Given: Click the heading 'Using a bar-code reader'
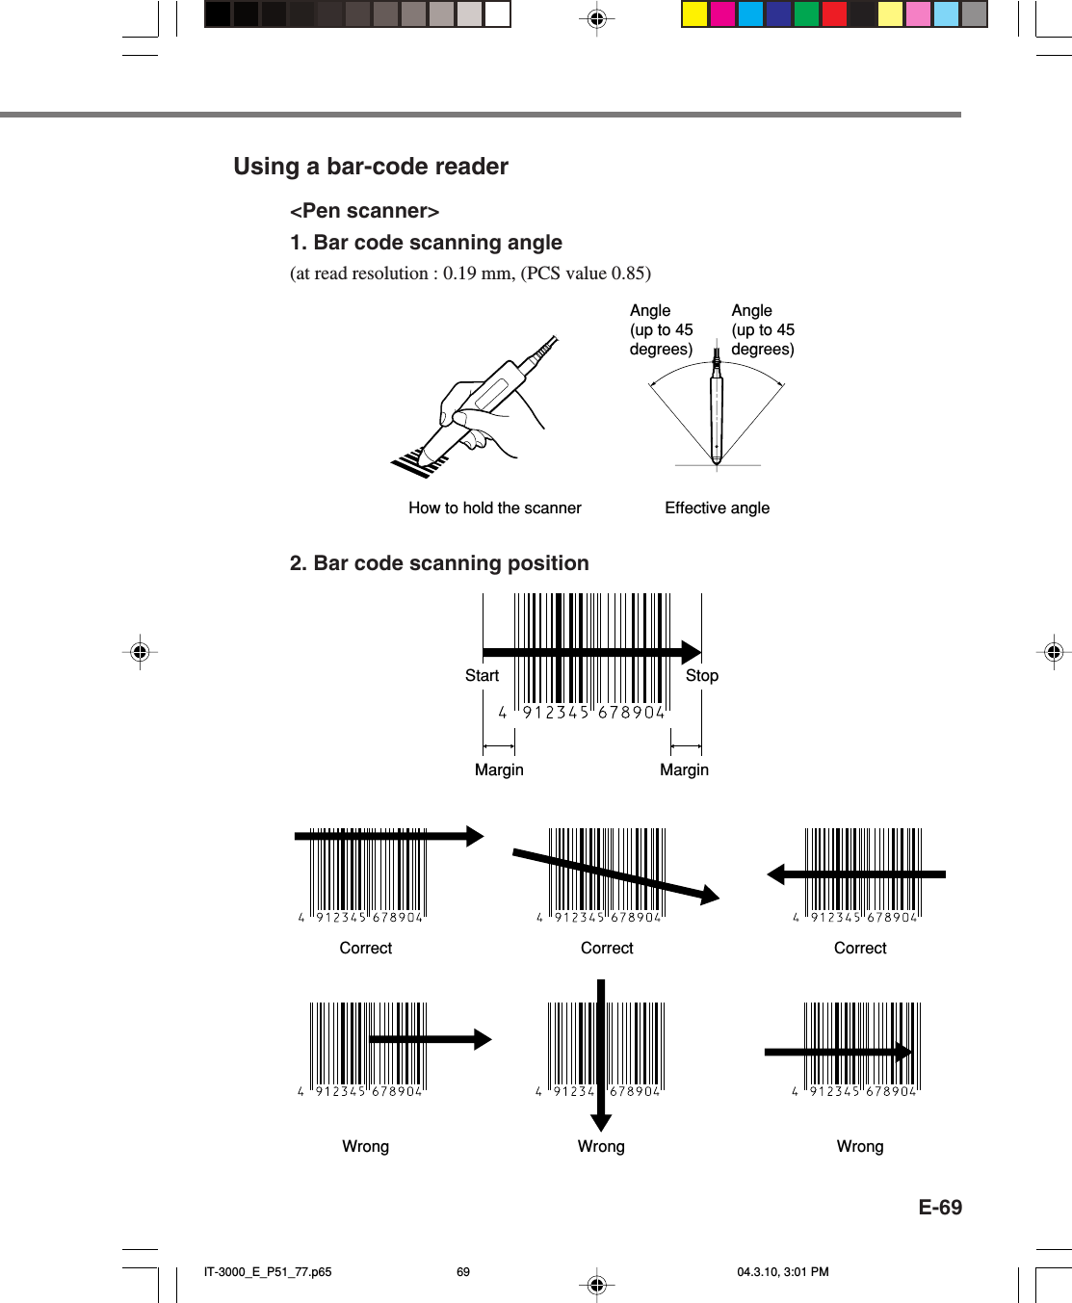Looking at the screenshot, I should point(370,167).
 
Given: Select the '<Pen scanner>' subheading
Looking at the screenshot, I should point(364,211).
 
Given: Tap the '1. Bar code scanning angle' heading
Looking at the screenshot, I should point(426,243).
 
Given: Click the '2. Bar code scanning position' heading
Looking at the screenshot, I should point(439,563).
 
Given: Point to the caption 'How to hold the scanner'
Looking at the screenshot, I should point(494,508).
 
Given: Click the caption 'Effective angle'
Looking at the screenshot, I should point(717,508).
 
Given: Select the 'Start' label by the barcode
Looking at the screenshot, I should point(482,676).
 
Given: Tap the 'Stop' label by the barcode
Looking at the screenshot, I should point(701,676).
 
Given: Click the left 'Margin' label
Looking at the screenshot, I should point(499,770).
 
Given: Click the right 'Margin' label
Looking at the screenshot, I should point(684,770).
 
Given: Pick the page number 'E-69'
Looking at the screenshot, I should point(939,1208).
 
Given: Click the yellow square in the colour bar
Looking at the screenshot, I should point(694,14).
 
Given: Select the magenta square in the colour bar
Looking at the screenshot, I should point(722,14).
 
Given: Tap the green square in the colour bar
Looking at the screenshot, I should point(806,14).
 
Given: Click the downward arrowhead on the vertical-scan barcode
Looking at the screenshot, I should point(601,1122).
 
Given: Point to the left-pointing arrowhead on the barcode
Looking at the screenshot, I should point(776,874).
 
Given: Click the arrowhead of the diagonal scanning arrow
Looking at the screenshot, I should point(710,896).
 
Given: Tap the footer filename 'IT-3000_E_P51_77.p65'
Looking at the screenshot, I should point(268,1272).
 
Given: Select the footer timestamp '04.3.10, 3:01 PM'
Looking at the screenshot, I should point(782,1272).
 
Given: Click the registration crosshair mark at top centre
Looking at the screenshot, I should point(596,18).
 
